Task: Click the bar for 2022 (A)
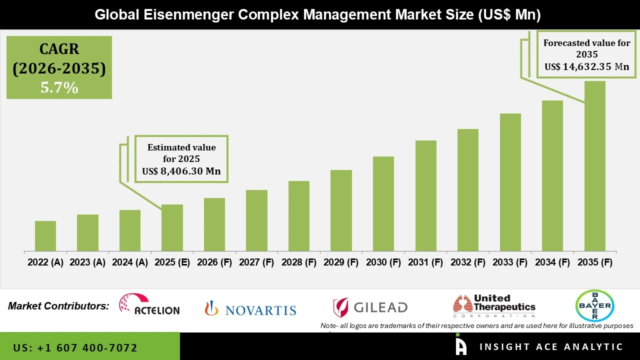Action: (x=45, y=236)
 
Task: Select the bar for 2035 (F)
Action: (x=594, y=166)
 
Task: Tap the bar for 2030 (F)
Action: (x=383, y=204)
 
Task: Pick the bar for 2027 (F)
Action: (x=256, y=220)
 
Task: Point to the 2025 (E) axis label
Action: (x=172, y=262)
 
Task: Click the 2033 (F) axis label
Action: (x=510, y=262)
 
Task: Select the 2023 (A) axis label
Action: (x=87, y=262)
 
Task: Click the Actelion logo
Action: (x=149, y=304)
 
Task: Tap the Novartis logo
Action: (x=250, y=309)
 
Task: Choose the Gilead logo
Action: (x=370, y=307)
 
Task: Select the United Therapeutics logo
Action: (x=494, y=306)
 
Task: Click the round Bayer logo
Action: (x=594, y=305)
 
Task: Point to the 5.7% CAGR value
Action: (x=59, y=88)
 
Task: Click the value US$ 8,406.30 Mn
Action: (x=181, y=171)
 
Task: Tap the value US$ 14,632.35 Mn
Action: (x=586, y=66)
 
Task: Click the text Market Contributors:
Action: (x=58, y=306)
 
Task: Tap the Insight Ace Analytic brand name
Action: (x=551, y=347)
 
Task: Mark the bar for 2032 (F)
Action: (x=467, y=190)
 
